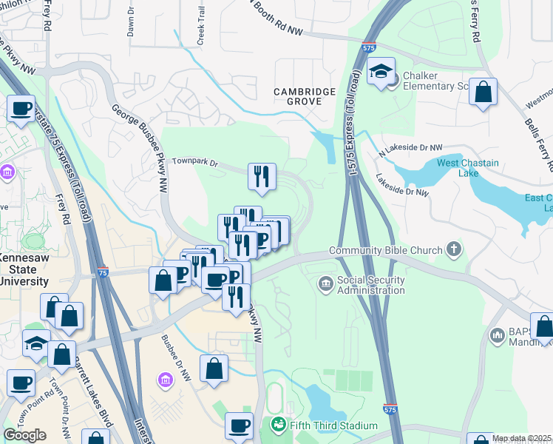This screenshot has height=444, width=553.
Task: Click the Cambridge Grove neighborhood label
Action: (305, 97)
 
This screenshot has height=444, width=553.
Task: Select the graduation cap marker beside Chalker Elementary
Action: (381, 73)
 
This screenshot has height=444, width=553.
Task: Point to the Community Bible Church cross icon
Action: (452, 250)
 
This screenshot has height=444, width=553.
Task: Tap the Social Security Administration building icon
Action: (325, 283)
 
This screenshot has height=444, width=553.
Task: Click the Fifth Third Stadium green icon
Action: (278, 425)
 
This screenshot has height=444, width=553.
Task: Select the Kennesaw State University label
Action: (24, 269)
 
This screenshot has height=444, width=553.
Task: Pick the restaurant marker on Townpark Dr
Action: (262, 177)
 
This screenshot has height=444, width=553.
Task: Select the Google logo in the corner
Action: (24, 434)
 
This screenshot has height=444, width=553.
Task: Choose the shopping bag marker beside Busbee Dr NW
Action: (214, 369)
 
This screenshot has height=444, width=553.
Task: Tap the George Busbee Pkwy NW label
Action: (140, 145)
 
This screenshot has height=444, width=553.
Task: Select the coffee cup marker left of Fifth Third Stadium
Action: (239, 426)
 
